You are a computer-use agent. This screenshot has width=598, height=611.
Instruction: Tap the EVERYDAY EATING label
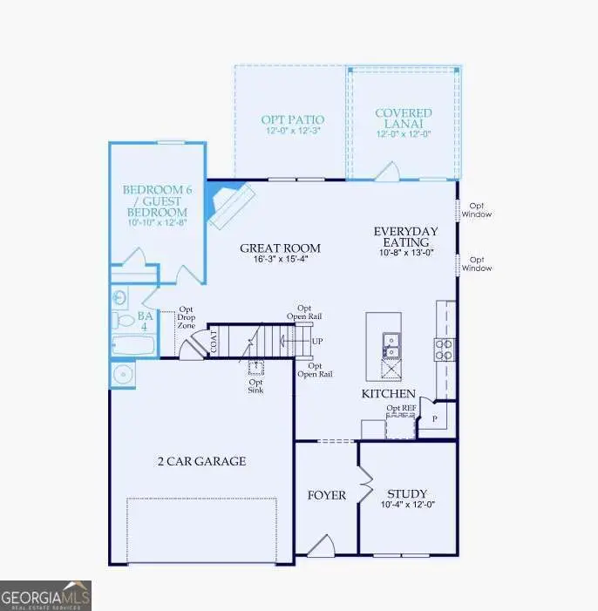(x=405, y=237)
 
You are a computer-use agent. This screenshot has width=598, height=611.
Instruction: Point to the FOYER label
(x=326, y=495)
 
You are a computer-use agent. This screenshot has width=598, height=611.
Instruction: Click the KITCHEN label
(x=389, y=394)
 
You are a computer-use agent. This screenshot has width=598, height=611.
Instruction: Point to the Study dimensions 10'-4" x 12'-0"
(x=407, y=504)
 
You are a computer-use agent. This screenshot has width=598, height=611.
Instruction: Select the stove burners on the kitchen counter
(x=443, y=350)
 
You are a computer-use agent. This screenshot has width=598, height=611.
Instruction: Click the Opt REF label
(x=400, y=408)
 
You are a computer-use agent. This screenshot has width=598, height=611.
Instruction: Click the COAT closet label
(x=212, y=342)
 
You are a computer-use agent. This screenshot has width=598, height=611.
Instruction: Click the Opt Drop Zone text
(x=186, y=317)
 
